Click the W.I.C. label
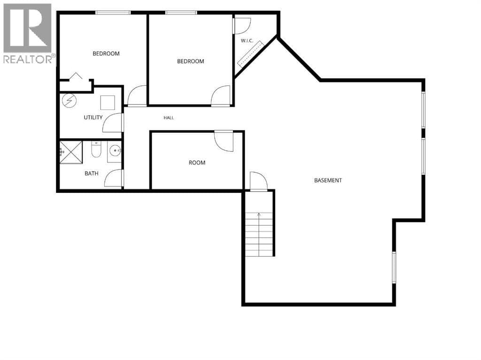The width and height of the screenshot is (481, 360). pyautogui.click(x=247, y=41)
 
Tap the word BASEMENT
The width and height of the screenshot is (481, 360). pyautogui.click(x=328, y=180)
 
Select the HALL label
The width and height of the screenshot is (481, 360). pyautogui.click(x=169, y=118)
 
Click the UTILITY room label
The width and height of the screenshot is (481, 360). pyautogui.click(x=93, y=117)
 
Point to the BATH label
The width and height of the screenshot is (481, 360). pyautogui.click(x=92, y=174)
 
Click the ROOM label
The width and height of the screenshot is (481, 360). pyautogui.click(x=197, y=163)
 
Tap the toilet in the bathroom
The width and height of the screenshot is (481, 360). pyautogui.click(x=96, y=150)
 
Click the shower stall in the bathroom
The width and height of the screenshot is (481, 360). pyautogui.click(x=71, y=153)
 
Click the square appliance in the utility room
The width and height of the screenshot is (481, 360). pyautogui.click(x=108, y=103)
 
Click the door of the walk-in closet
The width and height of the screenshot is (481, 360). pyautogui.click(x=242, y=26)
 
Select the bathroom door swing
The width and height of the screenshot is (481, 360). pyautogui.click(x=114, y=178)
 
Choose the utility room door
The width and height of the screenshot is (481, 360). pyautogui.click(x=113, y=123)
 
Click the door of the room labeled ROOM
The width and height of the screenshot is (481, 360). pyautogui.click(x=224, y=141)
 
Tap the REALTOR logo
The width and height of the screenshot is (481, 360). pyautogui.click(x=28, y=33)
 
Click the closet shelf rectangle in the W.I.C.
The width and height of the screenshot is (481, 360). pyautogui.click(x=251, y=54)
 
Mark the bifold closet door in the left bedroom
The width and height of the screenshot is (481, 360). pyautogui.click(x=76, y=76)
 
